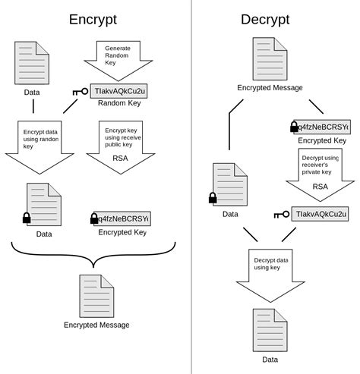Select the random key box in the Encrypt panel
pyautogui.click(x=118, y=91)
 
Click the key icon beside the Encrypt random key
pyautogui.click(x=81, y=92)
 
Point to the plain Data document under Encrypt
pyautogui.click(x=32, y=63)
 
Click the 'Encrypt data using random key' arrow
pyautogui.click(x=39, y=146)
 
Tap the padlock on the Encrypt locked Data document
pyautogui.click(x=27, y=218)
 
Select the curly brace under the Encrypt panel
pyautogui.click(x=93, y=254)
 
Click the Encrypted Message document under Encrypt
pyautogui.click(x=96, y=296)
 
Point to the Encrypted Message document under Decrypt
pyautogui.click(x=270, y=59)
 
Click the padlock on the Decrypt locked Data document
pyautogui.click(x=213, y=198)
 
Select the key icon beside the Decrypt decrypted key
pyautogui.click(x=281, y=215)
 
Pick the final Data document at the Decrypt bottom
pyautogui.click(x=270, y=329)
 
